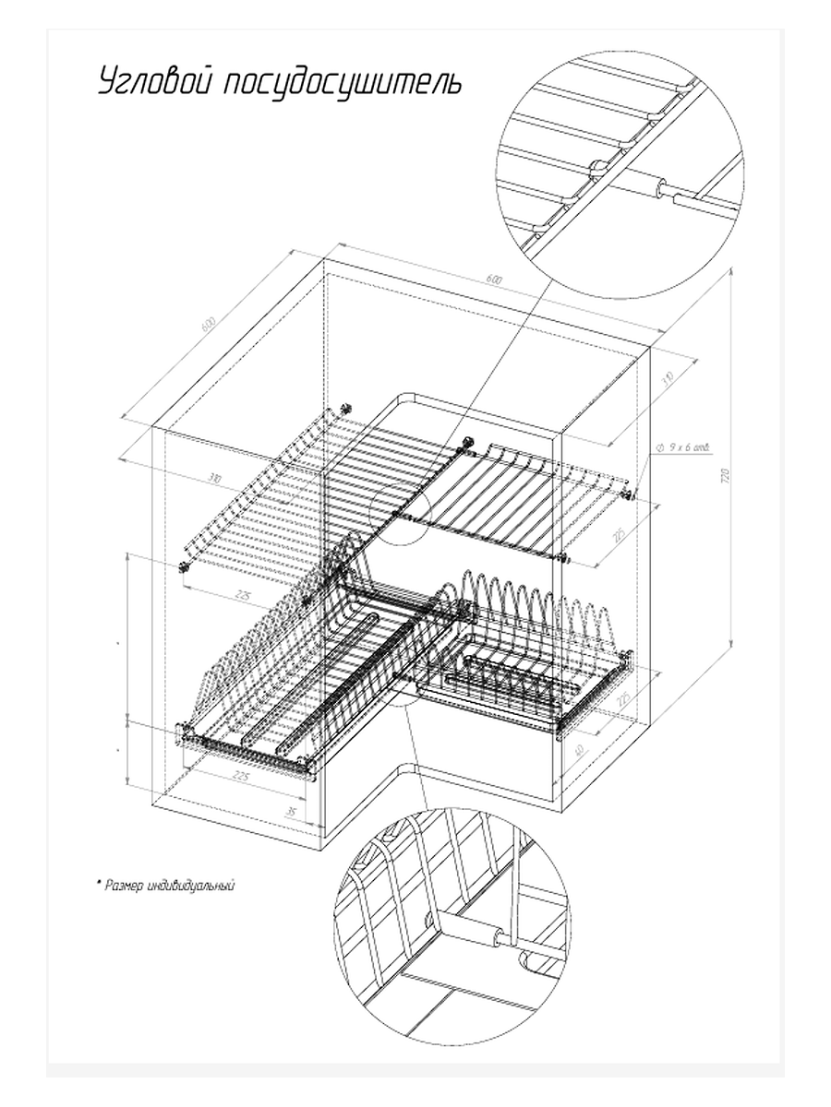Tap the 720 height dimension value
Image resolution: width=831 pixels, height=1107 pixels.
(726, 476)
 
